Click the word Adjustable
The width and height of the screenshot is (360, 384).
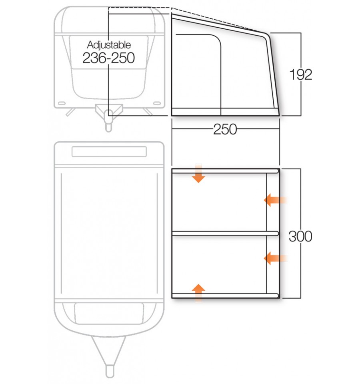(x=109, y=45)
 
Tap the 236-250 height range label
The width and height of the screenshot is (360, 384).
(x=108, y=58)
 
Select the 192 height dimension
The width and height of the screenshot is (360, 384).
(x=300, y=74)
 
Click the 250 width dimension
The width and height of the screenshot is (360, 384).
(x=225, y=129)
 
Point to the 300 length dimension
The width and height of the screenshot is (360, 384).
(x=300, y=236)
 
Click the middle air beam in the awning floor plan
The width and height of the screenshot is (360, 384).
(x=225, y=233)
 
